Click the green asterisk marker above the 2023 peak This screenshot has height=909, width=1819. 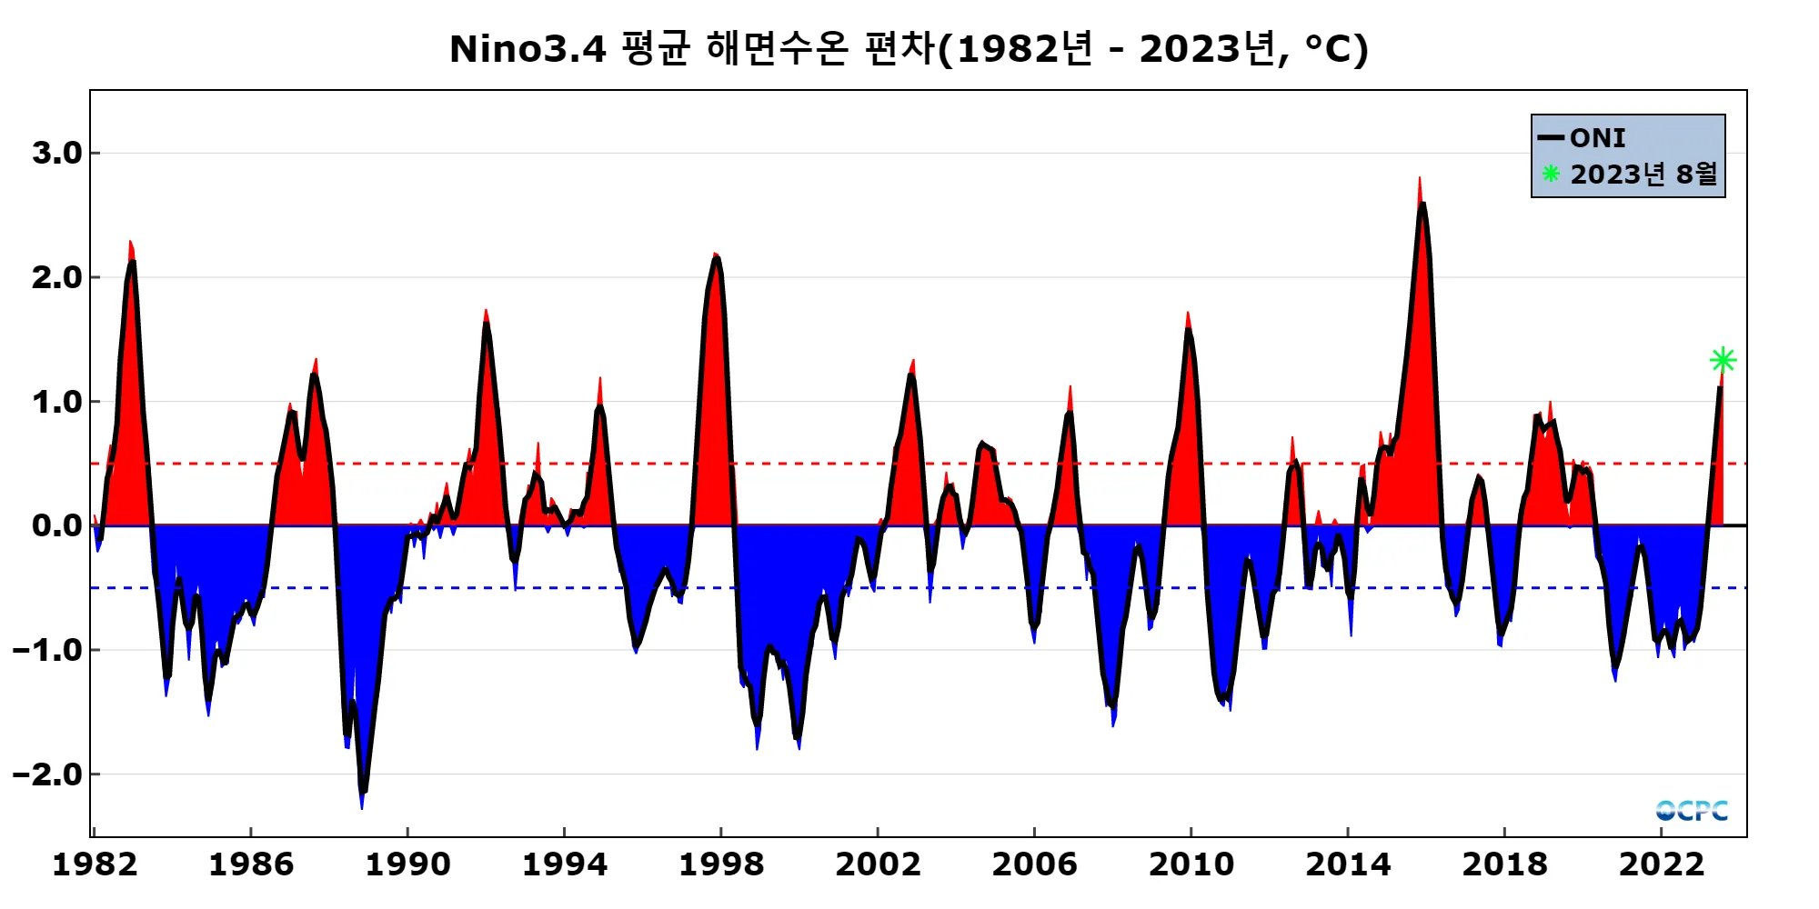click(x=1723, y=361)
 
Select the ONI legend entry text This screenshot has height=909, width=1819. click(x=1597, y=138)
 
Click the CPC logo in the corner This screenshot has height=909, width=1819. click(x=1692, y=810)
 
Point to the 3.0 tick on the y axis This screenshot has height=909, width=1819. click(x=56, y=153)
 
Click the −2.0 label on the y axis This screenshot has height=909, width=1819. click(x=47, y=774)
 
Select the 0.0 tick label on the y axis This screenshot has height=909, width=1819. click(x=56, y=525)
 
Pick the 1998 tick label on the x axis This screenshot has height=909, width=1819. click(x=721, y=864)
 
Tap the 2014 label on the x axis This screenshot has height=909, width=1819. click(x=1348, y=864)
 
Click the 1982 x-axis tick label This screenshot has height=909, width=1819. click(x=95, y=864)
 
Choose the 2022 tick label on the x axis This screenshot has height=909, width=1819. click(x=1662, y=864)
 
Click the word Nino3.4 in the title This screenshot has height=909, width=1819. click(x=528, y=49)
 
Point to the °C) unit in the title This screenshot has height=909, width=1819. click(x=1336, y=49)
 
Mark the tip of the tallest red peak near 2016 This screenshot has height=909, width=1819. click(x=1419, y=179)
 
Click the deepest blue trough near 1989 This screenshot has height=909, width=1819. click(x=362, y=806)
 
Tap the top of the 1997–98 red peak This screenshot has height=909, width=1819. click(x=716, y=255)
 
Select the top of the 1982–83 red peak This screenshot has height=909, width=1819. click(x=130, y=243)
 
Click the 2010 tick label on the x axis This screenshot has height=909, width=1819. click(x=1191, y=864)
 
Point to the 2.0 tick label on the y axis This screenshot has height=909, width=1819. click(x=56, y=277)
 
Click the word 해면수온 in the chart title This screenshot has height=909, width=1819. click(x=777, y=49)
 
